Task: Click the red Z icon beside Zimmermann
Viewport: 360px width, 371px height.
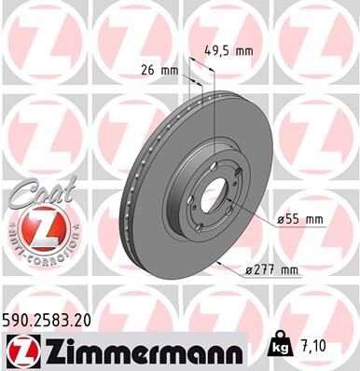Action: pos(20,349)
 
